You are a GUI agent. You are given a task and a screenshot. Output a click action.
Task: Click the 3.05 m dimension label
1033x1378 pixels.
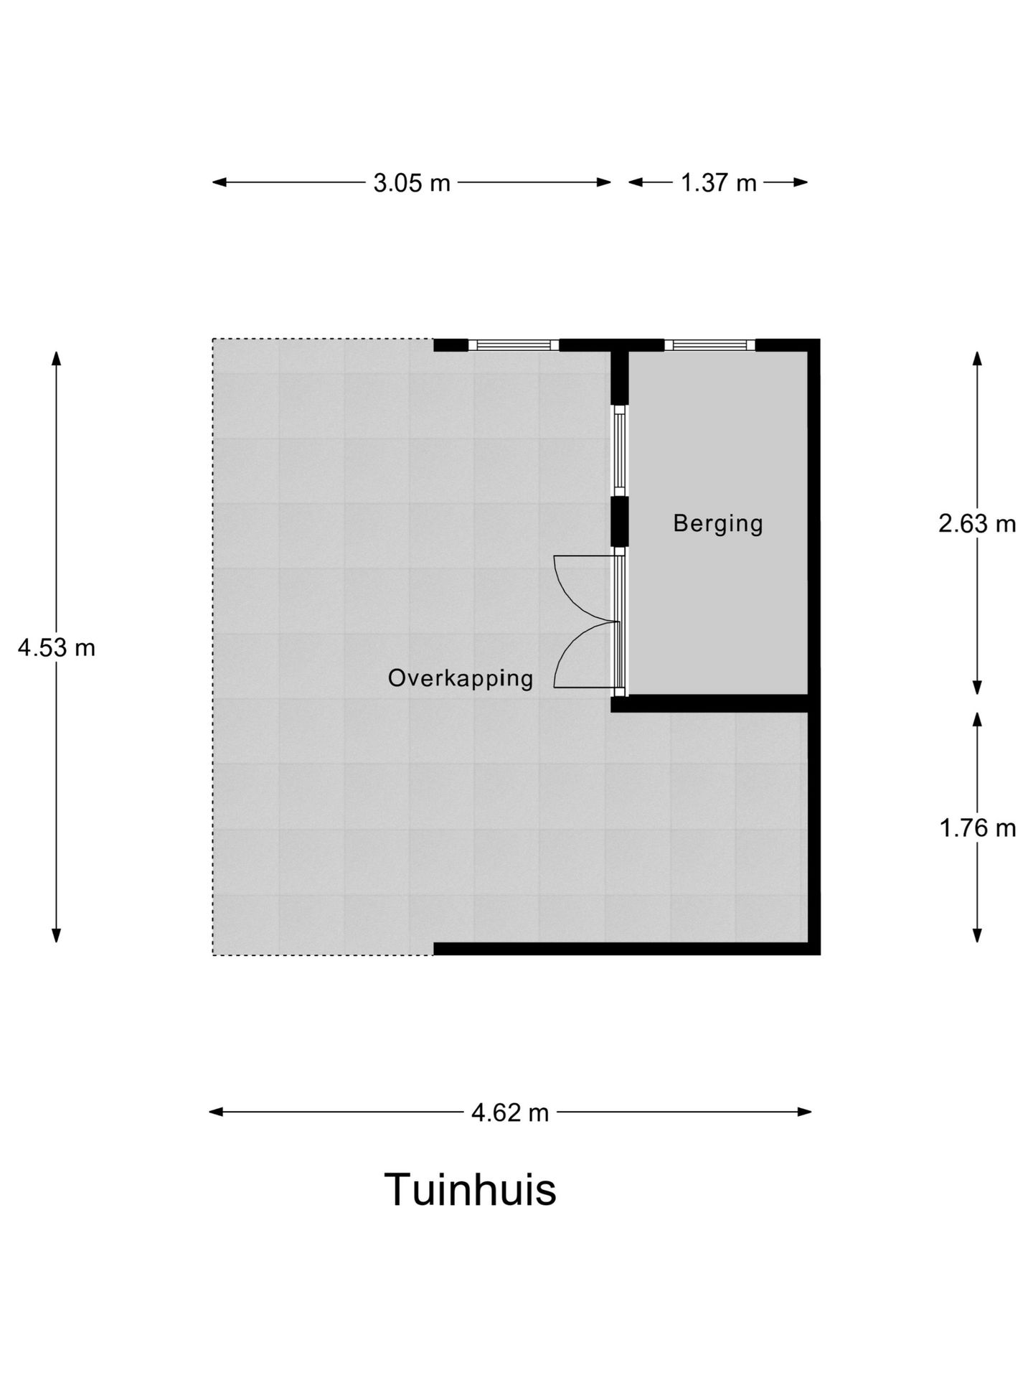[x=412, y=183]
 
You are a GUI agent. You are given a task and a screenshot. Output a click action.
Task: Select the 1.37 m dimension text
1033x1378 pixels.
[x=718, y=183]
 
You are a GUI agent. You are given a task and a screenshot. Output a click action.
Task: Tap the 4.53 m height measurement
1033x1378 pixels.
[x=57, y=648]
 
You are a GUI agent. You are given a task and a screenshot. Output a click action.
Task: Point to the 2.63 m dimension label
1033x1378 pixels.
[x=977, y=524]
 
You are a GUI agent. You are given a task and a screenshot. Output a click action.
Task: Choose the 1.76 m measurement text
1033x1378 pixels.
[x=978, y=828]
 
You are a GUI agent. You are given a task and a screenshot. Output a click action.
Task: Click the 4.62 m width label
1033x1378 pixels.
[x=510, y=1112]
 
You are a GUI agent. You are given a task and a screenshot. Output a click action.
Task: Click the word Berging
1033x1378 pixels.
[x=717, y=523]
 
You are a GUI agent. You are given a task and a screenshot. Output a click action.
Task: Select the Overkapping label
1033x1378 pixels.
[x=461, y=678]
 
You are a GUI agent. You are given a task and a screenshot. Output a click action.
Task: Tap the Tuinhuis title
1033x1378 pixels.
[x=471, y=1190]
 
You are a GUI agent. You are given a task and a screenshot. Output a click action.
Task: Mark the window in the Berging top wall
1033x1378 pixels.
[x=710, y=345]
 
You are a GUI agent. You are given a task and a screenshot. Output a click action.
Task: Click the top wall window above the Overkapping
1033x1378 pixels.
[x=514, y=345]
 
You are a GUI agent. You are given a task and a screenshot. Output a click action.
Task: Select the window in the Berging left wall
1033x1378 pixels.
[x=620, y=451]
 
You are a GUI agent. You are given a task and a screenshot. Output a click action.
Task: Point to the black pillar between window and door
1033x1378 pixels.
[x=620, y=520]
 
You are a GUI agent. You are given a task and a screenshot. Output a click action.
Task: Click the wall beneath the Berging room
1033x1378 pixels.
[x=710, y=703]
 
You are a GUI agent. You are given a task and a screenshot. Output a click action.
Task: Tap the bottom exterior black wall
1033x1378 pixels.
[x=624, y=949]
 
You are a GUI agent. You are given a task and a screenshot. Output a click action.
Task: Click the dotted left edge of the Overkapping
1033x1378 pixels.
[x=213, y=646]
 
